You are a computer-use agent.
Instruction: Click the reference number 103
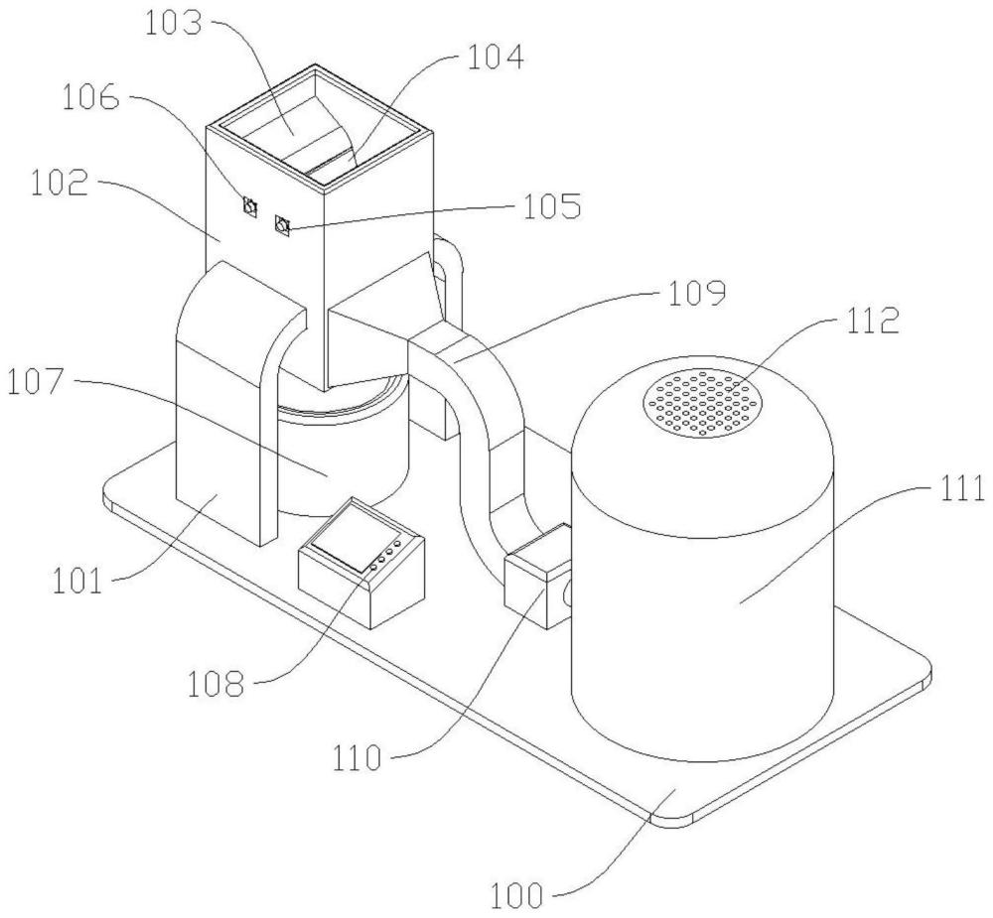[173, 24]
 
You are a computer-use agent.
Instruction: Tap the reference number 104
[496, 57]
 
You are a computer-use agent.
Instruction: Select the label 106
[90, 98]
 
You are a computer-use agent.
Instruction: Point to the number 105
[551, 206]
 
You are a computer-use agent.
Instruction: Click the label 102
[59, 182]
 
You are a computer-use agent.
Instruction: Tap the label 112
[871, 321]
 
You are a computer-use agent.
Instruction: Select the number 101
[77, 581]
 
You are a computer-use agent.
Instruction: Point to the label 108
[215, 684]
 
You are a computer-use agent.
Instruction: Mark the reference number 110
[357, 758]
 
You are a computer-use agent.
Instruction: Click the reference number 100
[517, 895]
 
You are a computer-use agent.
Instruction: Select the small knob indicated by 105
[282, 225]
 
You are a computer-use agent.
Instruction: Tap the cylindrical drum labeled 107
[342, 450]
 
